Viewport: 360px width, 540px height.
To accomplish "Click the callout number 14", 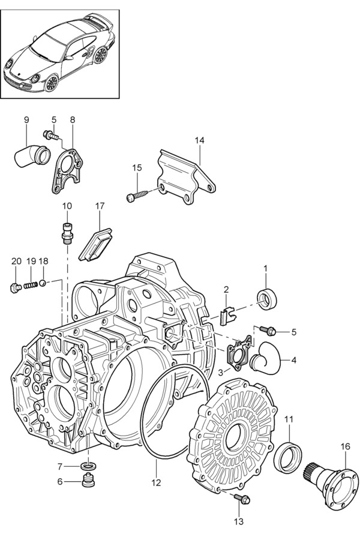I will click(x=199, y=140).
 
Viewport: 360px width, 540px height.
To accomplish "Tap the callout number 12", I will click(x=156, y=481).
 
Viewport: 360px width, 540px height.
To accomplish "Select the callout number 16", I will click(x=345, y=446).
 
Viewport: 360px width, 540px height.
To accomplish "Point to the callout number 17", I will click(x=100, y=206).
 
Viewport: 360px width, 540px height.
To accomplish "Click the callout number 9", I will click(x=26, y=120).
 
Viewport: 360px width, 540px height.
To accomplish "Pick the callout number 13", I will click(x=239, y=521).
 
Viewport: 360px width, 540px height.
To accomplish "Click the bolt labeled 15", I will click(x=139, y=196).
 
